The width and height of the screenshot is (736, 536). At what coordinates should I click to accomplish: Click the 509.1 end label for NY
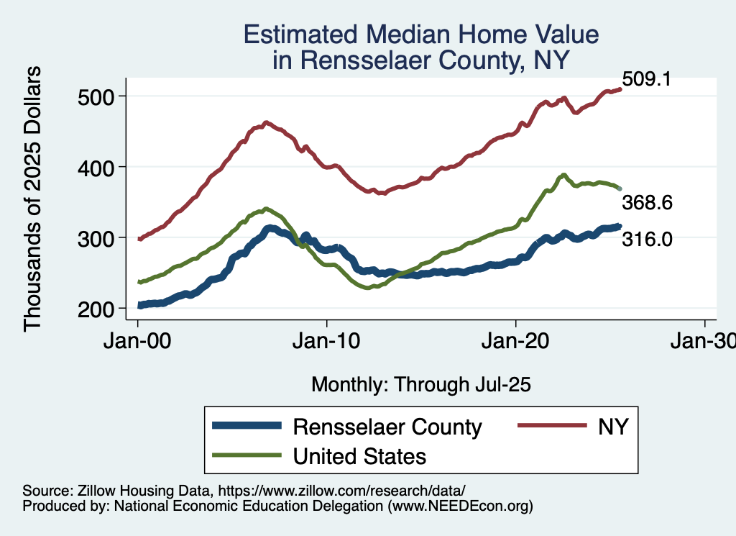[646, 79]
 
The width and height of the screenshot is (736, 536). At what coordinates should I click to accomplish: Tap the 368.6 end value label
[648, 204]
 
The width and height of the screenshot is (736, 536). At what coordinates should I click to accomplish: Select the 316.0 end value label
[648, 238]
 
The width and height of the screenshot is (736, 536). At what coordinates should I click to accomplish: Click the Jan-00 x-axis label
[138, 342]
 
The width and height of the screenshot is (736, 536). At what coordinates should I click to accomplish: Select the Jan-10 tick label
[327, 342]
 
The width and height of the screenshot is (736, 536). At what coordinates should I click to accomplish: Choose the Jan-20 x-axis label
[516, 342]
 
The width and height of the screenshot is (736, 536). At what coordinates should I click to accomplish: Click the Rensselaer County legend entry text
[387, 427]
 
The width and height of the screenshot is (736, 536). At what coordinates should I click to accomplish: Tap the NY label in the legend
[613, 427]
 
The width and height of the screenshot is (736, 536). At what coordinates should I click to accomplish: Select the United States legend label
[359, 456]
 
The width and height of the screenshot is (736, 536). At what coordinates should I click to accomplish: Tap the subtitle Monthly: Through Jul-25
[420, 385]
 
